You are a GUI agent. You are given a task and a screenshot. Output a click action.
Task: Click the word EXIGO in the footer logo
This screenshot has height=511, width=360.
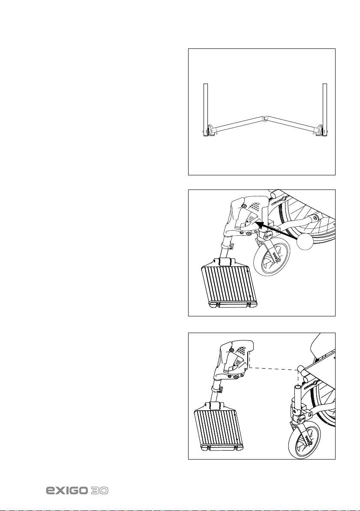(x=67, y=490)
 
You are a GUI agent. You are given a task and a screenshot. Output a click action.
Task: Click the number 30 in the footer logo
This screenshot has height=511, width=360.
(x=99, y=490)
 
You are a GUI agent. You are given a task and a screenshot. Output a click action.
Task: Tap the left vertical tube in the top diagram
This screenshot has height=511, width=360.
(x=206, y=110)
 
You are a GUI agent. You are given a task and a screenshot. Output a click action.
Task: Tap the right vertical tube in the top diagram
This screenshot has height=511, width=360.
(x=324, y=110)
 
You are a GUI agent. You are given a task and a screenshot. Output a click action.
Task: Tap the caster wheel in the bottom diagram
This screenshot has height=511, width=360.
(x=303, y=438)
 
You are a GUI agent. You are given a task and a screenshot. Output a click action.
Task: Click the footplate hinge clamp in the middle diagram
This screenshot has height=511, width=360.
(x=225, y=262)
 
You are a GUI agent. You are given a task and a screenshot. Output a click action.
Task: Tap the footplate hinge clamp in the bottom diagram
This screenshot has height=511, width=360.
(x=215, y=406)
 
